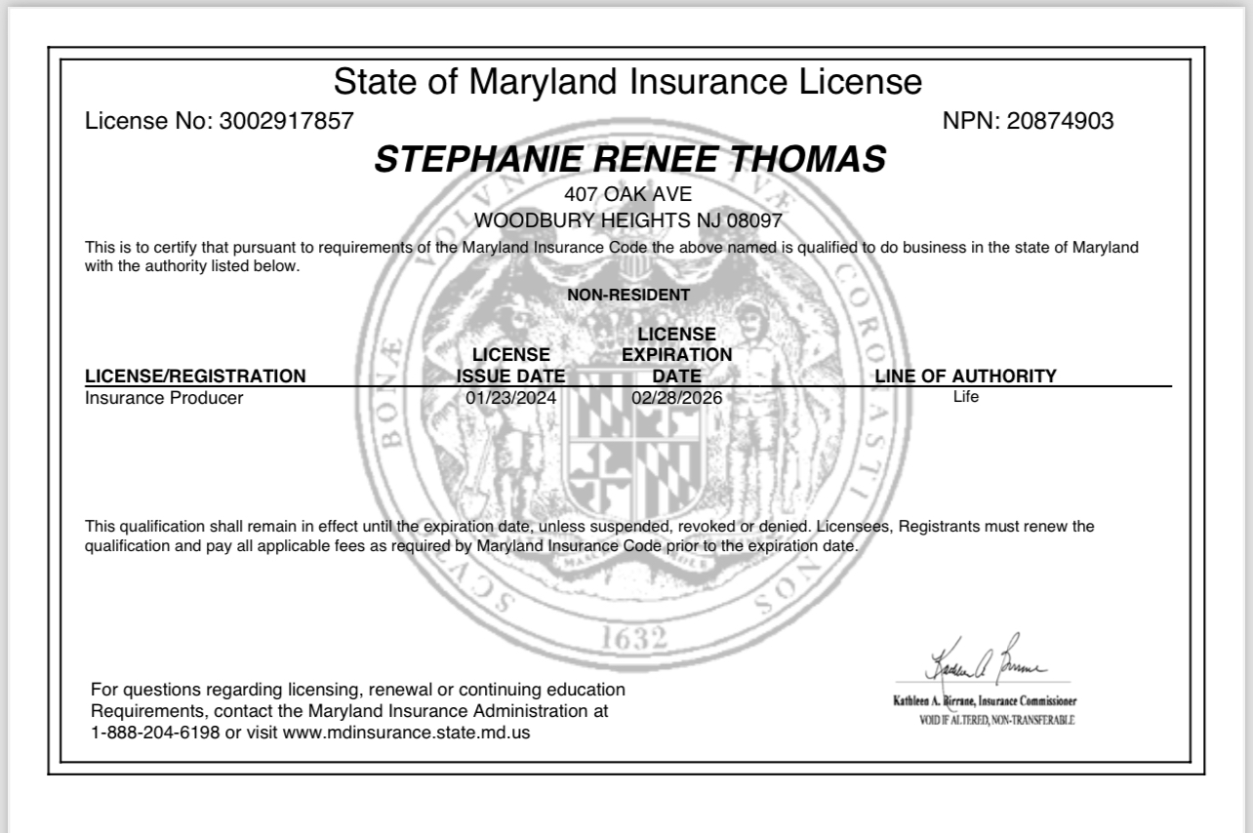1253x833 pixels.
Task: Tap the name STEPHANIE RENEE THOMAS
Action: click(x=630, y=160)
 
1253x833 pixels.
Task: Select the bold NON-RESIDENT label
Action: click(x=628, y=295)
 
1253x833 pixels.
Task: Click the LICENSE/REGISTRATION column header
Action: click(x=195, y=376)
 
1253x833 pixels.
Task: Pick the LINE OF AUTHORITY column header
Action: click(x=965, y=376)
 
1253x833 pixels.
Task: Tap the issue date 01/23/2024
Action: click(x=511, y=398)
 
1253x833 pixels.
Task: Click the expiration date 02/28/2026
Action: click(x=676, y=398)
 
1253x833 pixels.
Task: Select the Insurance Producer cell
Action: click(x=164, y=398)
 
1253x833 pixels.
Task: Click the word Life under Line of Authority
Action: click(x=965, y=397)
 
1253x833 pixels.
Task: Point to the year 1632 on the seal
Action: click(x=634, y=640)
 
